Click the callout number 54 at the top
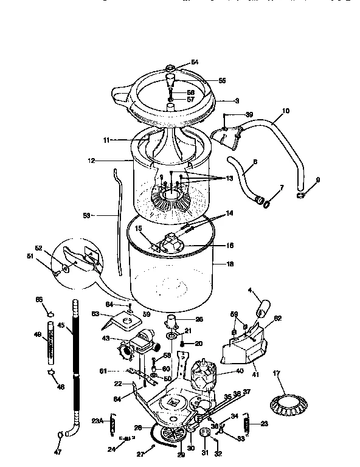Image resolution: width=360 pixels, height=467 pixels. pyautogui.click(x=195, y=62)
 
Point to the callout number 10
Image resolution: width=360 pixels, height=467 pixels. pyautogui.click(x=286, y=111)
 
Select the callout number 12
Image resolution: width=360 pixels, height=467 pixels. pyautogui.click(x=92, y=161)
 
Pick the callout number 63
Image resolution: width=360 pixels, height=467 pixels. pyautogui.click(x=95, y=314)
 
